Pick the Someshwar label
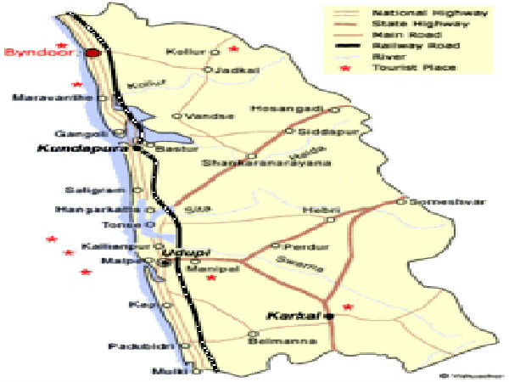pos(433,202)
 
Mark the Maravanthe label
pos(52,98)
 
